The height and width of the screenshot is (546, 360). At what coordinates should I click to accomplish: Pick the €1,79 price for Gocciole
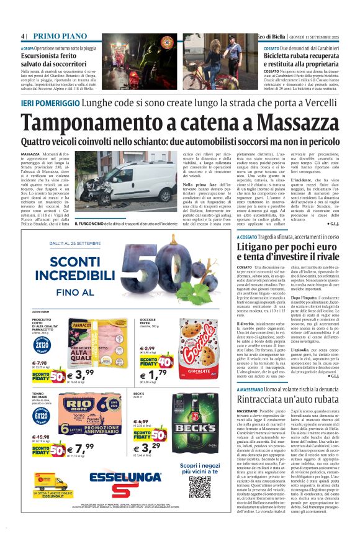coord(153,375)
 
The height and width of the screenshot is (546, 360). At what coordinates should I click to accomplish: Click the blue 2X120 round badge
coord(42,344)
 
